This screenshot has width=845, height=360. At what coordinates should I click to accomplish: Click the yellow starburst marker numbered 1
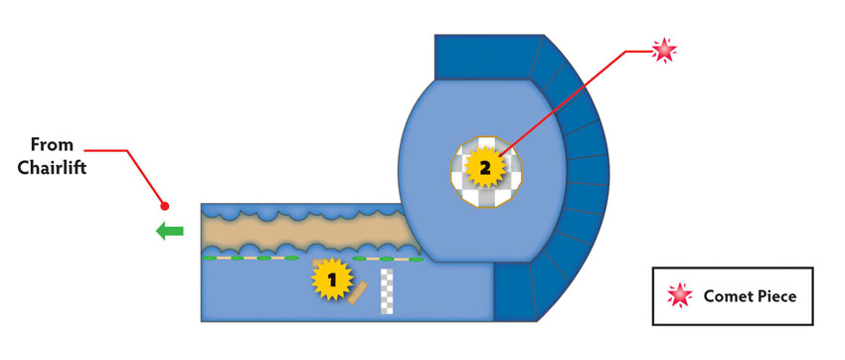coord(332,278)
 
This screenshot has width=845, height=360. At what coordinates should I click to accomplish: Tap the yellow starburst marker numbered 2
coord(485,168)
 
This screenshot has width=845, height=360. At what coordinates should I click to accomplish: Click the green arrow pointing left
coord(170,231)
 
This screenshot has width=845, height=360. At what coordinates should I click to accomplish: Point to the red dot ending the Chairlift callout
coord(165,206)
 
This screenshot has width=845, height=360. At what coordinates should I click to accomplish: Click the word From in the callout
coord(52,145)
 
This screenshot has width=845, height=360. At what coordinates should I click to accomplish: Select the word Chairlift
coord(52,168)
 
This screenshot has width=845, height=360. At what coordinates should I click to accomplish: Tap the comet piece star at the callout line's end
coord(664,51)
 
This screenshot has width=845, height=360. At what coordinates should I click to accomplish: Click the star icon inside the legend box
coord(680,295)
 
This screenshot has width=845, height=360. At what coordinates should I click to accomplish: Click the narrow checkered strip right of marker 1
coord(388,291)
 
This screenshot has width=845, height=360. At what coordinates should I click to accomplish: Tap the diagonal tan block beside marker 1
coord(357,292)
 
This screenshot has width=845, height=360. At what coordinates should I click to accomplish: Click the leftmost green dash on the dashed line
coord(209,259)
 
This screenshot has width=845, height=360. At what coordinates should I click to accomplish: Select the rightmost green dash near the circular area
coord(416,260)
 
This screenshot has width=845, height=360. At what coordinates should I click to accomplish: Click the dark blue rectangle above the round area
coord(481,57)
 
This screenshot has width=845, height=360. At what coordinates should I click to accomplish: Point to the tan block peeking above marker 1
coord(319,263)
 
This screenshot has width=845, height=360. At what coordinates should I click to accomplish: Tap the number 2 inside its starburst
coord(485,169)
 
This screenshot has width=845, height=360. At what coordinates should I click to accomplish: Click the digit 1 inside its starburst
coord(332,279)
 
